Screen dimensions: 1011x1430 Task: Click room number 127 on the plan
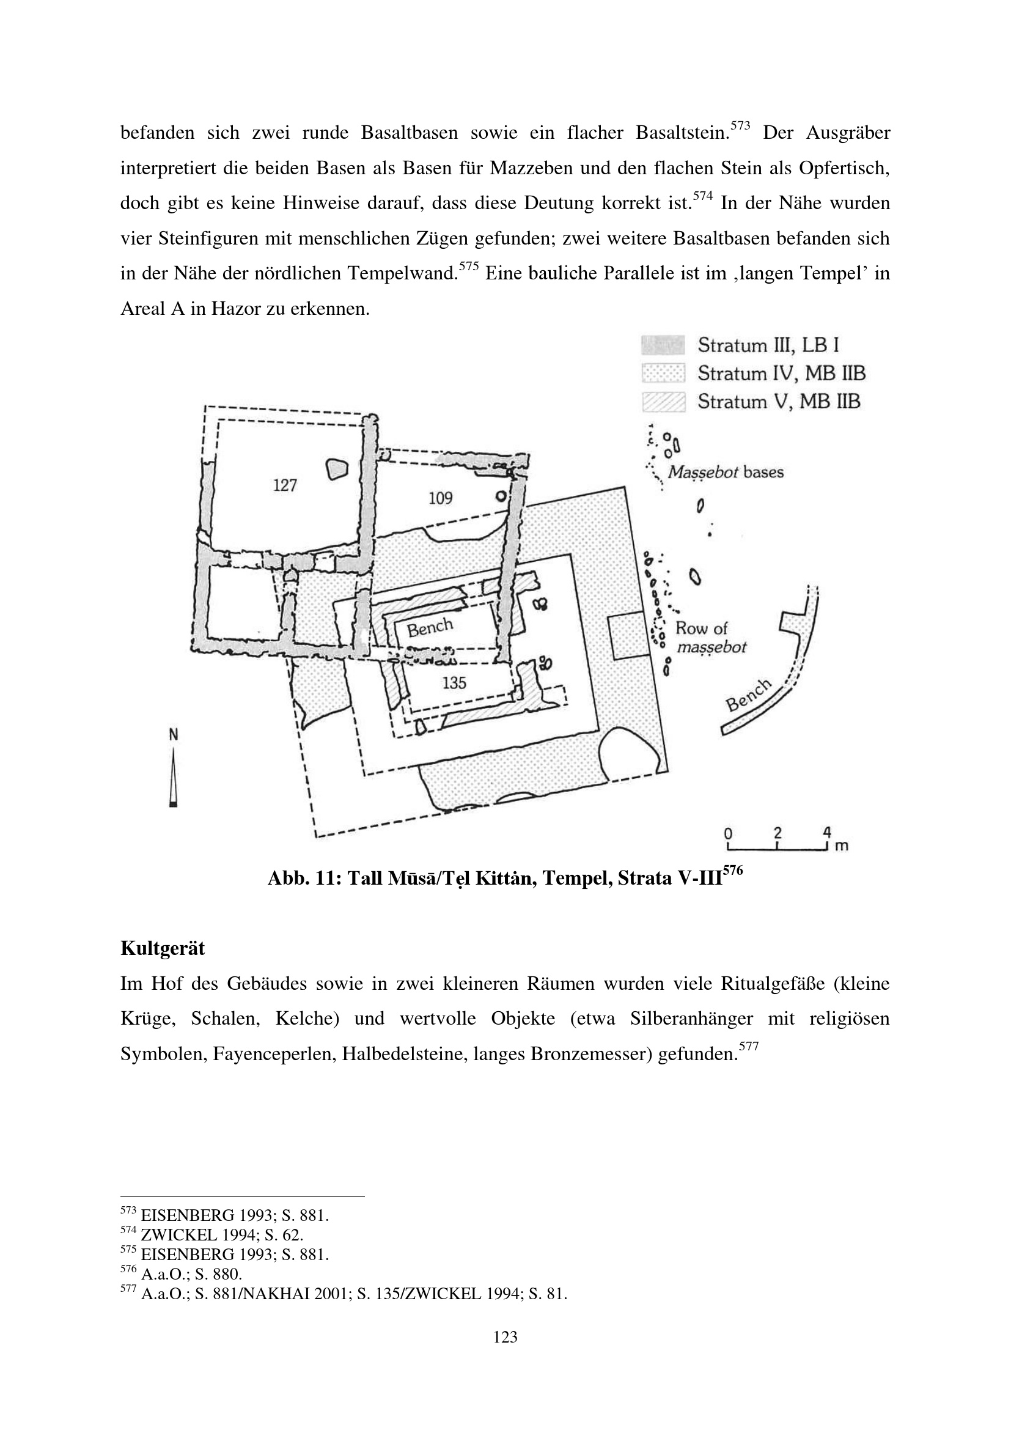[284, 485]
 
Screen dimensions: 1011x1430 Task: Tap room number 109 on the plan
[440, 498]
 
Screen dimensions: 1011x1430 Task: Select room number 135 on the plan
[454, 684]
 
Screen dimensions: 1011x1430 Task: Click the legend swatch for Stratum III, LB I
[663, 345]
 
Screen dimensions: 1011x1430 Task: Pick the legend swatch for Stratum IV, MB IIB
[663, 373]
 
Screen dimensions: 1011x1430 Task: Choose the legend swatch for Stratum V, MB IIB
[663, 402]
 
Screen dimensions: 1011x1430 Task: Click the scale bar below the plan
[778, 847]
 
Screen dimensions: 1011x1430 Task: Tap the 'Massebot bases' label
[726, 473]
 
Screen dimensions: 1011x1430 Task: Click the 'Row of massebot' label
[711, 638]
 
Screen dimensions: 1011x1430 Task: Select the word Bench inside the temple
[430, 628]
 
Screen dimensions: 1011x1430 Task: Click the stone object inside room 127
[336, 470]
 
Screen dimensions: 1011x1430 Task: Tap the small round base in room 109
[500, 497]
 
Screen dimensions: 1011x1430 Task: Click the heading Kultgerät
[163, 949]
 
